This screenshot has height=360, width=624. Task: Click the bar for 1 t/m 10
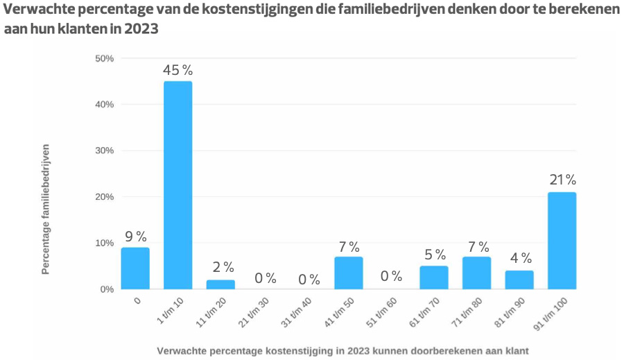(x=177, y=185)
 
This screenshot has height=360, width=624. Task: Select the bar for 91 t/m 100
(x=562, y=240)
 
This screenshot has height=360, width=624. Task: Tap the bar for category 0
(x=135, y=268)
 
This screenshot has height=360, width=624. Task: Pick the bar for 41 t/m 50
(x=349, y=273)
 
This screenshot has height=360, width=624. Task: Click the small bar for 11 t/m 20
(x=220, y=284)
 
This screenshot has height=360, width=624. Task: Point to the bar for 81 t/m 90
(x=519, y=280)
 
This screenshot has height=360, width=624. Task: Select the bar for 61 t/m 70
(x=434, y=277)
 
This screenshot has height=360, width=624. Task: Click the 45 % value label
(x=177, y=70)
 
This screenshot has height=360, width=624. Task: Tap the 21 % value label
(x=562, y=180)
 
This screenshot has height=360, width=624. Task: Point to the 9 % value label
(x=135, y=237)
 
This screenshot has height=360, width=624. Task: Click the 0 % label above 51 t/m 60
(x=391, y=276)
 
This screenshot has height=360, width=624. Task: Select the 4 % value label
(x=519, y=258)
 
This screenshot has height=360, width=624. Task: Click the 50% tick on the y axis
(x=105, y=58)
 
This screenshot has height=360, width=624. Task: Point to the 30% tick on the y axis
(x=105, y=151)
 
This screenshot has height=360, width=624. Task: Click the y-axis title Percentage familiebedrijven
(x=46, y=209)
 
